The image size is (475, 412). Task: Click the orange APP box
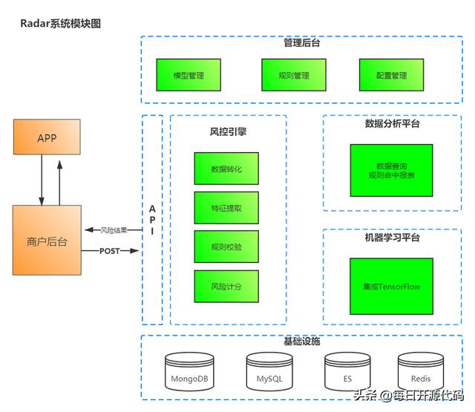tap(47, 138)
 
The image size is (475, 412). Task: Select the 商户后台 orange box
tap(47, 241)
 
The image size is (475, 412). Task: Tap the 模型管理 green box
tap(189, 76)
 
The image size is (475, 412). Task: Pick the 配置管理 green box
tap(391, 76)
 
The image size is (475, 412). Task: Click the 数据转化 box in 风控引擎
tap(226, 169)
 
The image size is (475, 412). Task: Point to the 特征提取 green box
tap(226, 208)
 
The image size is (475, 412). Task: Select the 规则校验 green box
tap(226, 246)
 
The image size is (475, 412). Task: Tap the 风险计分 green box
tap(226, 286)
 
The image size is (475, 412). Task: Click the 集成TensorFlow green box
tap(391, 286)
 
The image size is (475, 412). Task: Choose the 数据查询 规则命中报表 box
tap(391, 170)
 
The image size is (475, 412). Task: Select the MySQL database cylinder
tap(269, 370)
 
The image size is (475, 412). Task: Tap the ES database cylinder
tap(347, 370)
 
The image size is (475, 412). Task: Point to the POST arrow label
tap(109, 251)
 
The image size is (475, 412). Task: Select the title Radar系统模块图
tap(61, 24)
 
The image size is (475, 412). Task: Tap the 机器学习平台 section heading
tap(392, 238)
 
